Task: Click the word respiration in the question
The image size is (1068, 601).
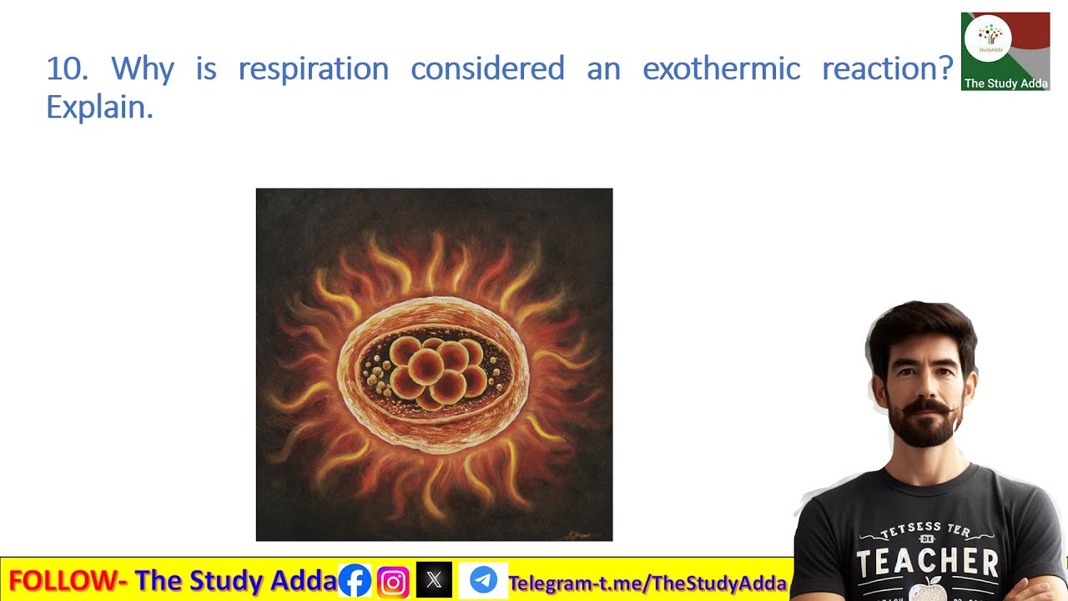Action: click(313, 68)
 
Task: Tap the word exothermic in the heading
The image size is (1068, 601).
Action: click(721, 68)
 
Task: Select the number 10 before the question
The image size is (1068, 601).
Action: click(67, 68)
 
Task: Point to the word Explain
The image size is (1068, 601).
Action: click(99, 107)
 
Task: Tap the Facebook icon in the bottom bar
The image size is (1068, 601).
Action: click(355, 580)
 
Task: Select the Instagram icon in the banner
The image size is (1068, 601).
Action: click(393, 580)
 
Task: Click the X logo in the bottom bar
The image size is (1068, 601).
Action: click(434, 580)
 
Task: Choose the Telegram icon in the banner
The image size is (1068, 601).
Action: click(483, 580)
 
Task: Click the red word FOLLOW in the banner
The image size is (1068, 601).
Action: click(67, 580)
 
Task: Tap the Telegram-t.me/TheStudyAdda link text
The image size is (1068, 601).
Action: click(647, 583)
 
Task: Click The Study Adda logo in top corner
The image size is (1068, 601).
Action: click(1005, 51)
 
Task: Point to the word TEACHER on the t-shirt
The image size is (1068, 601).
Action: click(928, 562)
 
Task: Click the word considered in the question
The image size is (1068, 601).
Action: click(487, 68)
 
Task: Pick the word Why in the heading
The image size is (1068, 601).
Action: click(142, 68)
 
